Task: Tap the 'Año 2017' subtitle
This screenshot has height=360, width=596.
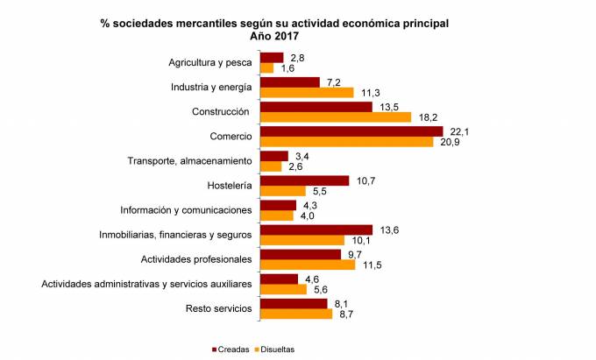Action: pyautogui.click(x=273, y=36)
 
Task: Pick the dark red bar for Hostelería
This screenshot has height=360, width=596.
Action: pyautogui.click(x=304, y=180)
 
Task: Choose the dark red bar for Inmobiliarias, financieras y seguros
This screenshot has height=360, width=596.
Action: pyautogui.click(x=316, y=229)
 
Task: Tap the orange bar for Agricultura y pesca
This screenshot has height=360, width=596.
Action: pyautogui.click(x=267, y=68)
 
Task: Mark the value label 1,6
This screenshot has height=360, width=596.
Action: pyautogui.click(x=287, y=68)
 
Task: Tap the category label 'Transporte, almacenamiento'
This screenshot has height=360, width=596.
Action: pyautogui.click(x=189, y=161)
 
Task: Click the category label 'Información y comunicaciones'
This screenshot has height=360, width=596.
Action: pyautogui.click(x=186, y=210)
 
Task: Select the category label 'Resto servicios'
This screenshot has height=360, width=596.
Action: pyautogui.click(x=219, y=308)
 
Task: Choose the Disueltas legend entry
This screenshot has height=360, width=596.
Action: pyautogui.click(x=274, y=349)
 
